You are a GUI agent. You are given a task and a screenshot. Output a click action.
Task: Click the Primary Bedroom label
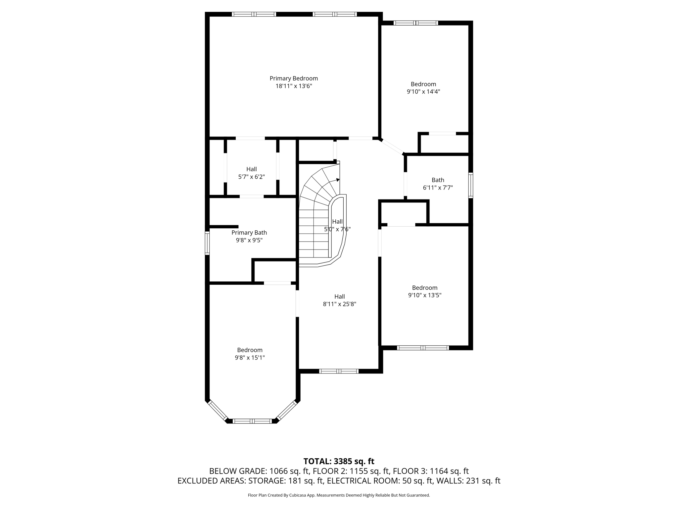coord(294,79)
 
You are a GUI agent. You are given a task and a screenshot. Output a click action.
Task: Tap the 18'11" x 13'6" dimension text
coord(294,86)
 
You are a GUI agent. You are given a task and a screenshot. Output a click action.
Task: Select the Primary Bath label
coord(249,233)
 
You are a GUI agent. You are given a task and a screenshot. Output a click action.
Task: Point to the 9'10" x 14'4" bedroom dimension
coord(423,92)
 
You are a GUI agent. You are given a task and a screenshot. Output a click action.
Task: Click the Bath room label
coord(438,180)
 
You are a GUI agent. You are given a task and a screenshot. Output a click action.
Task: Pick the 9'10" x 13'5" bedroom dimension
coord(425,295)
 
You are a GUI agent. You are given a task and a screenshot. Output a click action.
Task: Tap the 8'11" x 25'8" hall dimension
coord(339,304)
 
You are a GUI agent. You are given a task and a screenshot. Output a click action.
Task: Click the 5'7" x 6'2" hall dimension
coord(252,177)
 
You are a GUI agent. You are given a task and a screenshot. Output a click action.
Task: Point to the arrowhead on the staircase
coord(338,180)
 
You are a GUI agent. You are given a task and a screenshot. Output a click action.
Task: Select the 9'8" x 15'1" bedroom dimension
coord(250,358)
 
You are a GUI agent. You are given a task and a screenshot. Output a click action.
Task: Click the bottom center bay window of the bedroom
coord(252,421)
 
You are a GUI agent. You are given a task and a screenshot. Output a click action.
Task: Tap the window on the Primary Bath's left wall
coord(207,243)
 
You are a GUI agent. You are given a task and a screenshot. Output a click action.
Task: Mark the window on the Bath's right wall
coord(470,185)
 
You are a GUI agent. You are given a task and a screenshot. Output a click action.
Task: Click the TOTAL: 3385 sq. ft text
coord(339,461)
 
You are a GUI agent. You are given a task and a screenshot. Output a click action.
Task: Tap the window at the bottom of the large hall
coord(339,371)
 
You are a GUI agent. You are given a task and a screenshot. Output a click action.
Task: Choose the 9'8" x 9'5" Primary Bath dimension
coord(249,240)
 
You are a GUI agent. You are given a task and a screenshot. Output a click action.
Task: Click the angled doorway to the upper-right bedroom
coord(392,146)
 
